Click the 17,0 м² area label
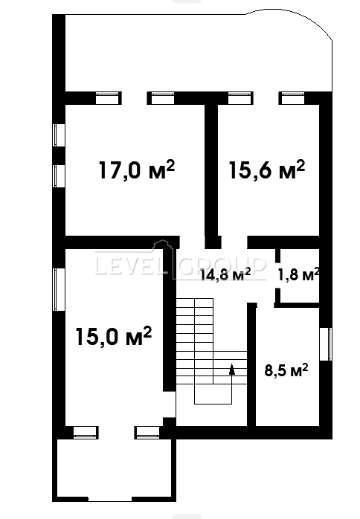click(x=136, y=170)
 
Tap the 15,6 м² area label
click(x=267, y=170)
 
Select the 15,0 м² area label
click(x=114, y=336)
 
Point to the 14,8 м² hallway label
click(x=225, y=274)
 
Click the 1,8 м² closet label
click(x=299, y=274)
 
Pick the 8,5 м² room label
click(x=286, y=370)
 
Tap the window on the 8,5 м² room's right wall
click(x=326, y=344)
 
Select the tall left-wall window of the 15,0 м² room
click(x=59, y=289)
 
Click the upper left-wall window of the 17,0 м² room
click(x=59, y=135)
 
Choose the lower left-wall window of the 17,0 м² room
click(x=59, y=176)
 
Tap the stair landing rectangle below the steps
click(x=213, y=394)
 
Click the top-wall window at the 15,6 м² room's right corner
click(x=292, y=98)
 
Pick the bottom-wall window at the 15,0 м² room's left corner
click(x=85, y=432)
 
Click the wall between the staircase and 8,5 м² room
click(x=251, y=364)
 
